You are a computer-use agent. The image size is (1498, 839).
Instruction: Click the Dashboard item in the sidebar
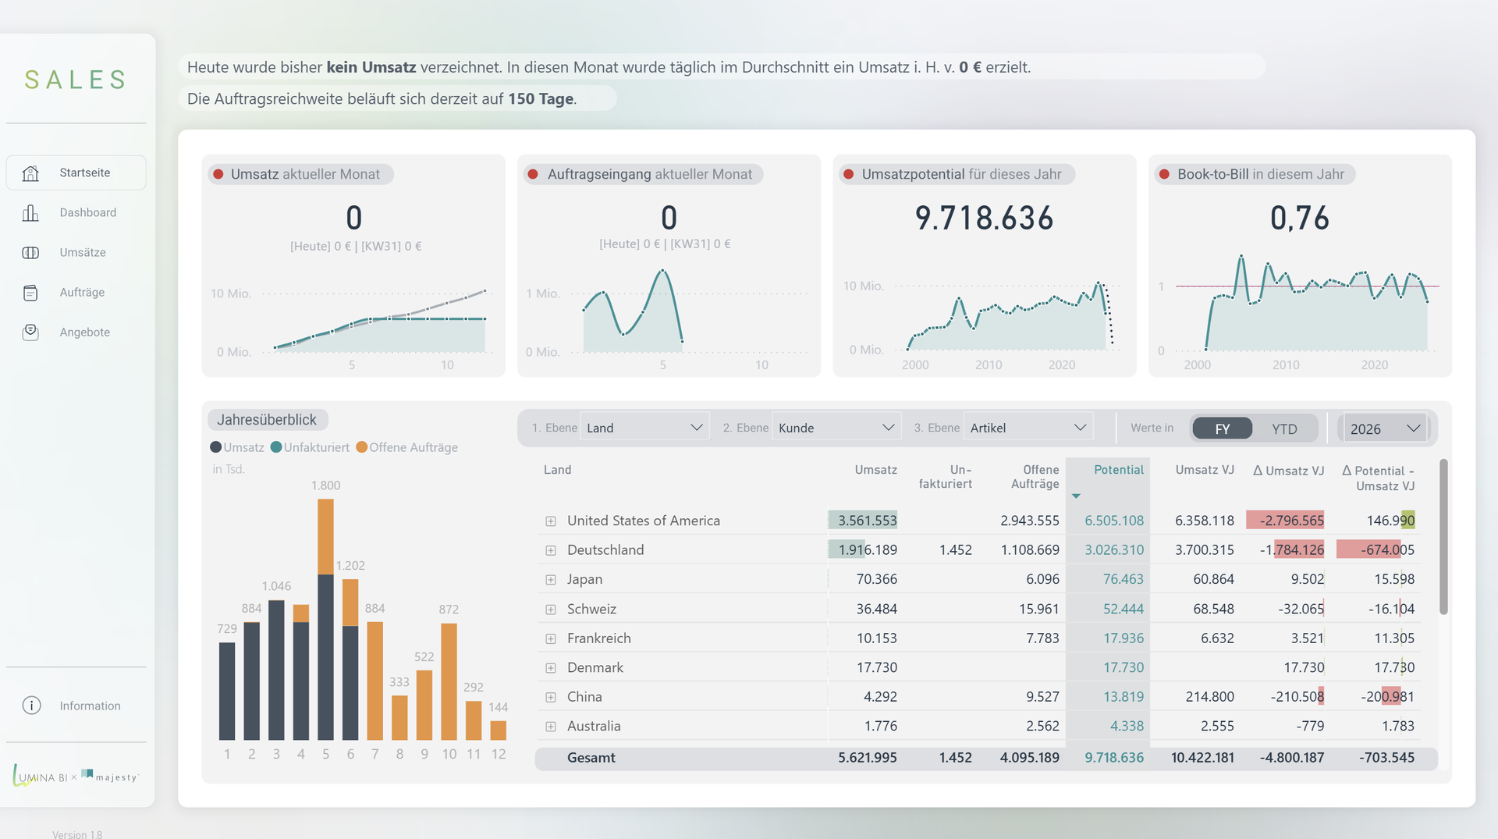pyautogui.click(x=87, y=212)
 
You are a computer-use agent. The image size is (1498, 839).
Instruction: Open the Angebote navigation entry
pyautogui.click(x=84, y=332)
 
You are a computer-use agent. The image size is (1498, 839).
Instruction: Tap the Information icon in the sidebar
pyautogui.click(x=31, y=706)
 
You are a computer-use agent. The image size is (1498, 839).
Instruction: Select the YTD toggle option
pyautogui.click(x=1284, y=428)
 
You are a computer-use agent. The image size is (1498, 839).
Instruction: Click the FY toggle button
pyautogui.click(x=1223, y=428)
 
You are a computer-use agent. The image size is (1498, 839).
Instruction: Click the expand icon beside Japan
pyautogui.click(x=551, y=580)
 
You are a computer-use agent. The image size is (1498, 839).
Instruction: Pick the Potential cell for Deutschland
pyautogui.click(x=1114, y=549)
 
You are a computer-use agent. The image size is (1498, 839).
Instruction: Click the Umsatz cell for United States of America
pyautogui.click(x=867, y=521)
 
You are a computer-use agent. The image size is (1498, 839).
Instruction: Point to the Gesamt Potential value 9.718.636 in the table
pyautogui.click(x=1114, y=757)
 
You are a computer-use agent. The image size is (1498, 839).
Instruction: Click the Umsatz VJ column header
pyautogui.click(x=1205, y=470)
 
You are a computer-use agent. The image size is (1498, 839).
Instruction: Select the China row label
pyautogui.click(x=584, y=696)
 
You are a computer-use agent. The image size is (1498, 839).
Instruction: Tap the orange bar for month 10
pyautogui.click(x=449, y=681)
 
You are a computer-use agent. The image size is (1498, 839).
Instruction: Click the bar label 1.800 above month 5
pyautogui.click(x=325, y=485)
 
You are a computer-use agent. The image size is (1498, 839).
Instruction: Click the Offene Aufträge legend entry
pyautogui.click(x=406, y=447)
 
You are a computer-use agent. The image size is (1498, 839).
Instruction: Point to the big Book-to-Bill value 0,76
pyautogui.click(x=1299, y=218)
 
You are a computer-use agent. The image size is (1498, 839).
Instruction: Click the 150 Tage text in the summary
pyautogui.click(x=541, y=99)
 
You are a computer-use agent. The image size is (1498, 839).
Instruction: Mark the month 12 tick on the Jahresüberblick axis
pyautogui.click(x=499, y=754)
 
